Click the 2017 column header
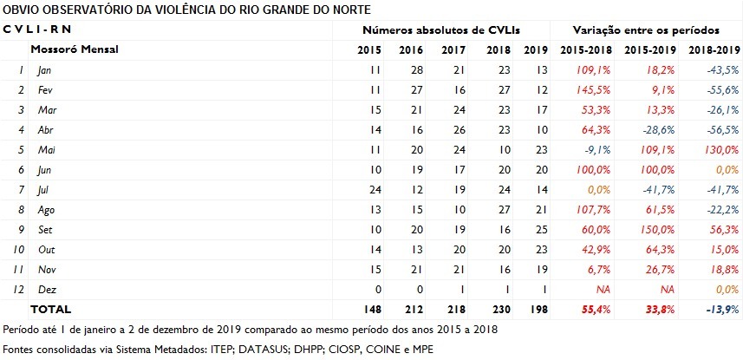tap(453, 49)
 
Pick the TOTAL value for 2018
tap(493, 310)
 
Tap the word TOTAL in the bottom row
tap(51, 310)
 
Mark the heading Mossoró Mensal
tap(74, 49)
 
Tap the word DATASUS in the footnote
tap(247, 349)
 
